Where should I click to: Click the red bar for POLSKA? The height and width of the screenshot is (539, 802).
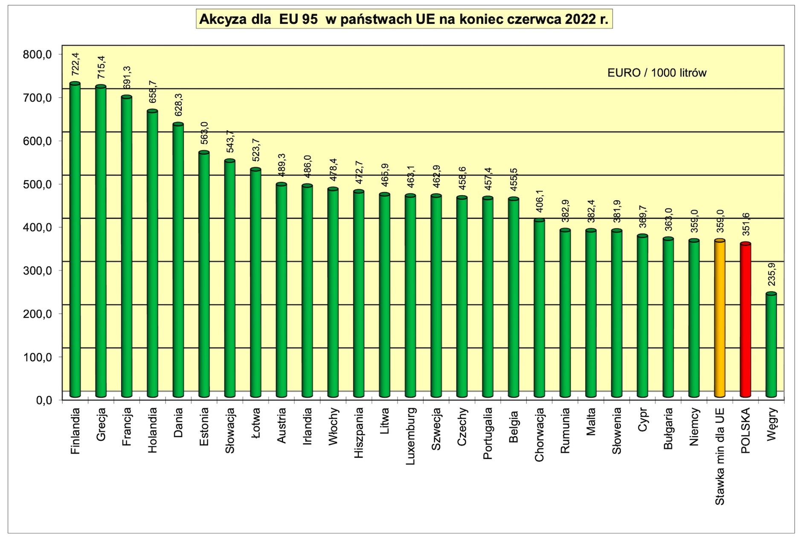[x=745, y=320]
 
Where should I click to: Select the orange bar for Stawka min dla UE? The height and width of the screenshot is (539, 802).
[x=720, y=318]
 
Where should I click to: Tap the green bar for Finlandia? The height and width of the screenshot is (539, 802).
[x=75, y=239]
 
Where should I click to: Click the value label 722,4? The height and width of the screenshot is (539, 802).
[x=76, y=64]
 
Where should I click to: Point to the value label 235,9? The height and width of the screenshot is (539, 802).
[x=771, y=274]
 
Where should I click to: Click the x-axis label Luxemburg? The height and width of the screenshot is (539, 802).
[x=410, y=436]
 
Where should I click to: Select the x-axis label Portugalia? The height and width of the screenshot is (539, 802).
[x=488, y=433]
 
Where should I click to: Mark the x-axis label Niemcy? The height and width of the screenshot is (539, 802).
[x=694, y=427]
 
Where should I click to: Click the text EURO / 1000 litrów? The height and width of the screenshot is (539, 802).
[x=657, y=73]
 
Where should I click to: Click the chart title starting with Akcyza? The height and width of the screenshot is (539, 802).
[x=404, y=19]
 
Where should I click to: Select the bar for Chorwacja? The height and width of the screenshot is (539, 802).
[x=539, y=308]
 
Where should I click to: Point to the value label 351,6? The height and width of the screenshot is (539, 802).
[x=746, y=224]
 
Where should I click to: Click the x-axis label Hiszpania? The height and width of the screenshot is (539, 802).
[x=359, y=433]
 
